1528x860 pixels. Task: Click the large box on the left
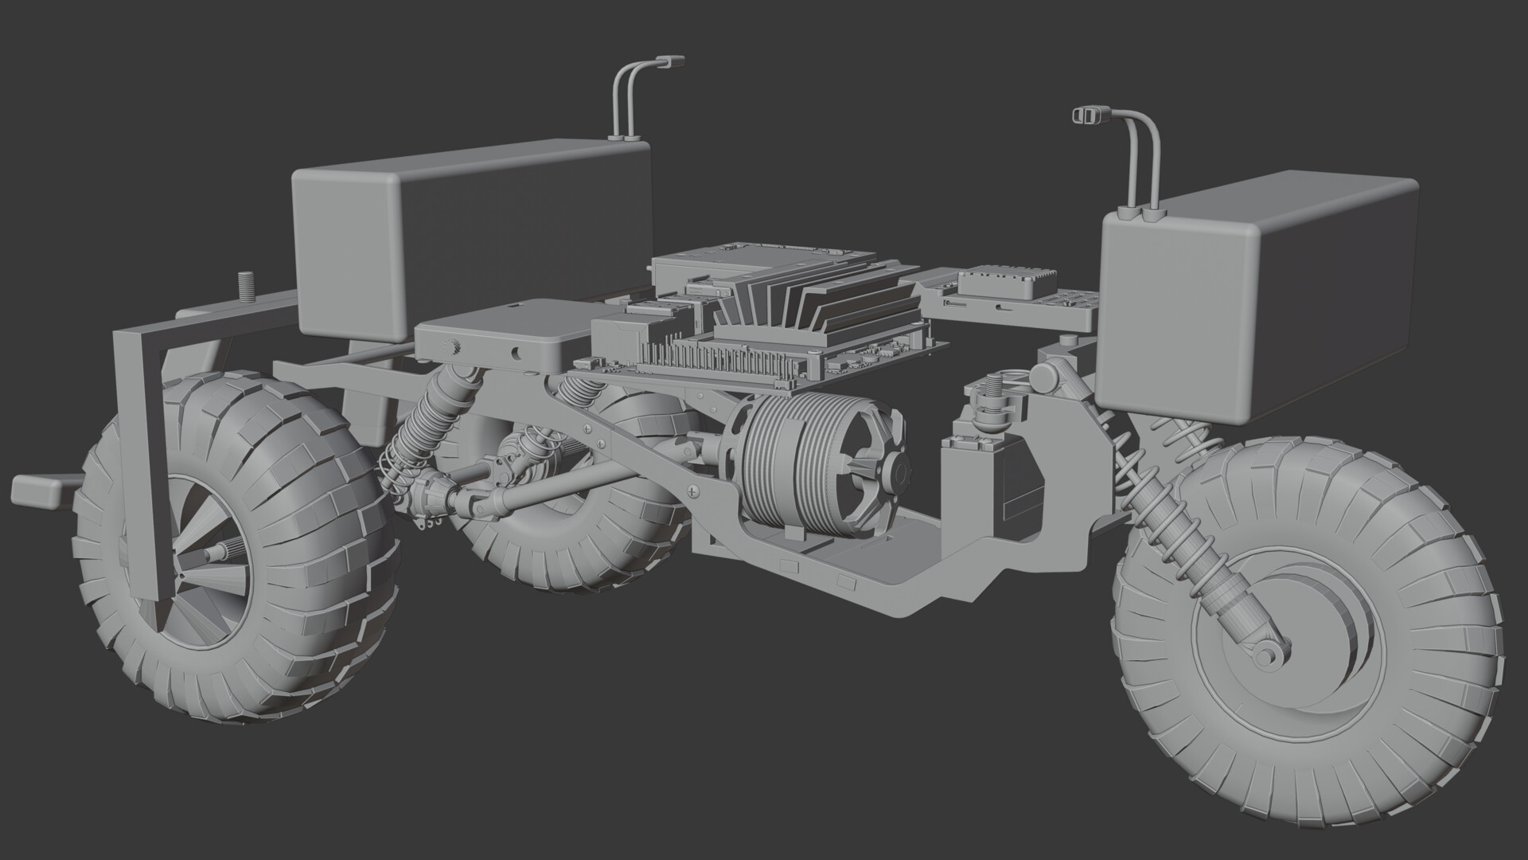coord(470,239)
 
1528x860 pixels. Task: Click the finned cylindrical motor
coord(820,470)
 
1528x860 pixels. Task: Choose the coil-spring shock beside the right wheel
coord(1170,526)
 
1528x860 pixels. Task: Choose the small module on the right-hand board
coord(1007,283)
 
